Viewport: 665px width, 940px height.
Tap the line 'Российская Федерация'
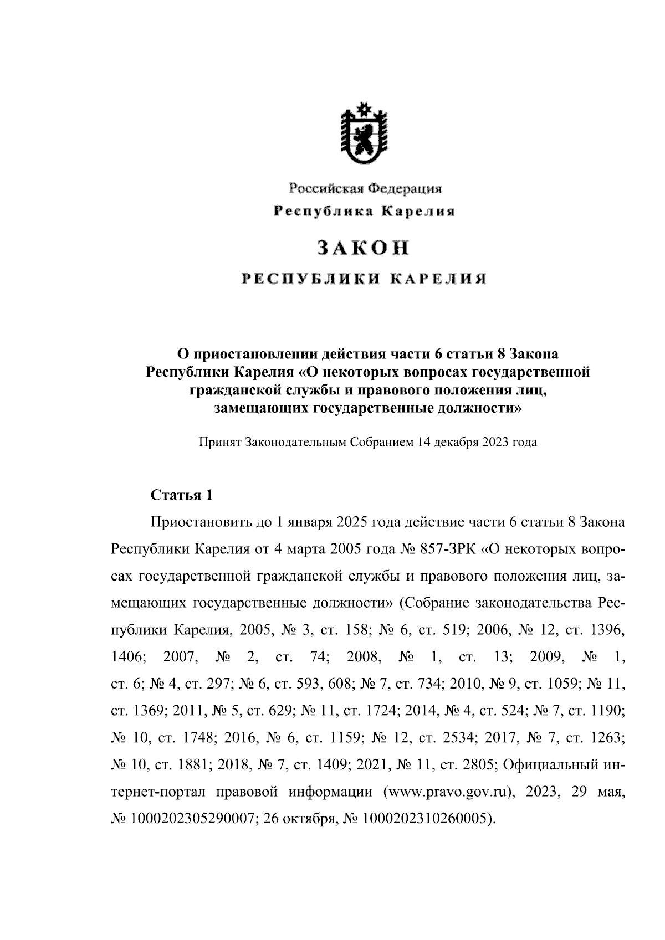[x=364, y=188]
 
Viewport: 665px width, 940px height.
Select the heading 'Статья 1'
[x=182, y=495]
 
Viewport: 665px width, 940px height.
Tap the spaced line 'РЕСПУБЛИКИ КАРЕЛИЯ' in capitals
[x=364, y=279]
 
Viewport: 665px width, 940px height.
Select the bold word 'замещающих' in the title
[x=261, y=409]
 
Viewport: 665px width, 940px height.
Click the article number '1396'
[x=607, y=630]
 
